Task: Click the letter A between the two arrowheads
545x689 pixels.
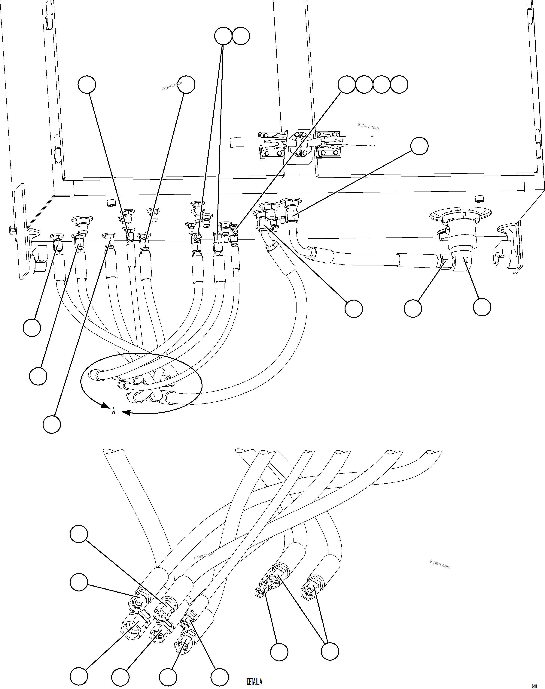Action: [x=113, y=411]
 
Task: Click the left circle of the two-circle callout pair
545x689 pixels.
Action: [x=223, y=36]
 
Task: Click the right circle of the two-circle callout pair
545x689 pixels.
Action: [x=241, y=36]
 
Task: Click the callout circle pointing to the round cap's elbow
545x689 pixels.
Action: [x=482, y=307]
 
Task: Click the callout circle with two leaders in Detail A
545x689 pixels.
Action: [x=330, y=651]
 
